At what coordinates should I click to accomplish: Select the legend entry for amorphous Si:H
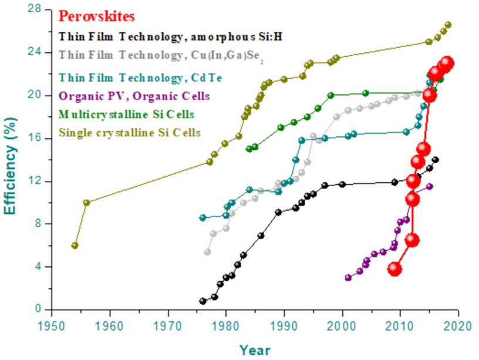click(171, 36)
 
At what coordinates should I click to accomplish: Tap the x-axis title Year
click(255, 350)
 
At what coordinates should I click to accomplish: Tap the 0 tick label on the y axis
click(38, 309)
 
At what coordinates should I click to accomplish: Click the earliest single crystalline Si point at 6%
click(75, 245)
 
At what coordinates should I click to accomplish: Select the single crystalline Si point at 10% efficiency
click(86, 203)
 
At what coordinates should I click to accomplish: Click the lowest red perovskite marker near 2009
click(394, 269)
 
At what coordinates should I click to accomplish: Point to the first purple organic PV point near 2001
click(348, 277)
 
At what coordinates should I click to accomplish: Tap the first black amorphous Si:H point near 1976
click(203, 301)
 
